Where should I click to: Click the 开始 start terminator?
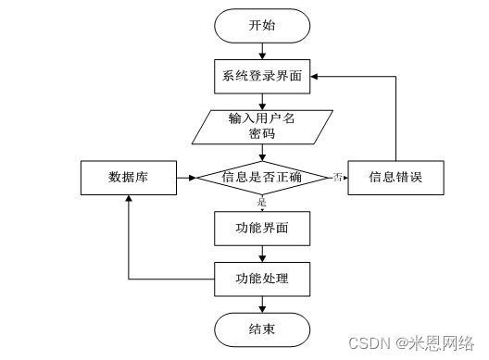point(262,26)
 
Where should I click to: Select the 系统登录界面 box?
point(262,76)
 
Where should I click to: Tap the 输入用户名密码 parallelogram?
point(262,126)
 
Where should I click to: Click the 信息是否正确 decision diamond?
point(262,177)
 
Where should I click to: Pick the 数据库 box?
point(127,177)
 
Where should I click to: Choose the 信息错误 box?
point(396,177)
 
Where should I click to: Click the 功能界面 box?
point(262,227)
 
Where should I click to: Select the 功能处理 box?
point(262,277)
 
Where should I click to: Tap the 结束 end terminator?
point(262,328)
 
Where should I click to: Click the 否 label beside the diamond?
point(338,177)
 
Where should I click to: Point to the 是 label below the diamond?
point(262,201)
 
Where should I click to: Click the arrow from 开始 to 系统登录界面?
point(262,51)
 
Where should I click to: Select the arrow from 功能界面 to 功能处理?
point(262,252)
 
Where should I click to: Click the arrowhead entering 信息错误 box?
point(344,177)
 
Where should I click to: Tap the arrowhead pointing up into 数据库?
point(127,200)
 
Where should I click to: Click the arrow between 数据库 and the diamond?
point(185,177)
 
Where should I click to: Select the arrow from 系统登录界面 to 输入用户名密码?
point(262,101)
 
